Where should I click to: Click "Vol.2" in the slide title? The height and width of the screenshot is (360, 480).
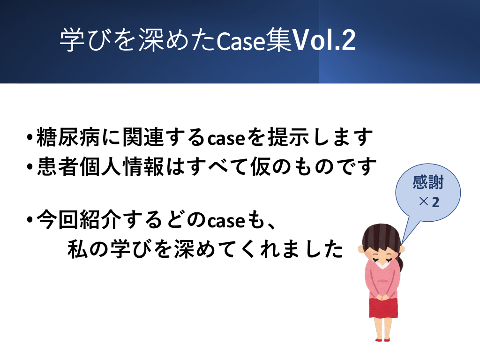324,40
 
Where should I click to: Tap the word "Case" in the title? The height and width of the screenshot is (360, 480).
241,41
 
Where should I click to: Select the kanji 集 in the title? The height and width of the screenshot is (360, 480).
279,40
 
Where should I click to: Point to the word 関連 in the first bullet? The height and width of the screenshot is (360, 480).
143,137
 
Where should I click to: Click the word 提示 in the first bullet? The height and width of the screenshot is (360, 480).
288,137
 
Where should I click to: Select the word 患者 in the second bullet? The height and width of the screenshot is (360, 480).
58,166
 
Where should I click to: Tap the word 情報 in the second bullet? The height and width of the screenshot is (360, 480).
143,166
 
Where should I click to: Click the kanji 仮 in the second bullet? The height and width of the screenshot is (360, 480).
261,166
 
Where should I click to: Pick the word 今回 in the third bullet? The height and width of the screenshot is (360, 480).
58,220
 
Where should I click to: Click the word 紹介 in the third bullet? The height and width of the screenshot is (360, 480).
101,220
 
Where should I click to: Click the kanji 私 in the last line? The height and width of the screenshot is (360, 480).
78,249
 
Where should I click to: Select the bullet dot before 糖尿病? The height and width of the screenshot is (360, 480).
30,137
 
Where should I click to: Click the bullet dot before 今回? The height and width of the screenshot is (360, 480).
30,219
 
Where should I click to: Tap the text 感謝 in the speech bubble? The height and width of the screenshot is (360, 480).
428,182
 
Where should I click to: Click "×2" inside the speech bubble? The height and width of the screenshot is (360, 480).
429,202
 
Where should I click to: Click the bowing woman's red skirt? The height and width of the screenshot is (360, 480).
383,307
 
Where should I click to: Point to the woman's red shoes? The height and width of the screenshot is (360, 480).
382,339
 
